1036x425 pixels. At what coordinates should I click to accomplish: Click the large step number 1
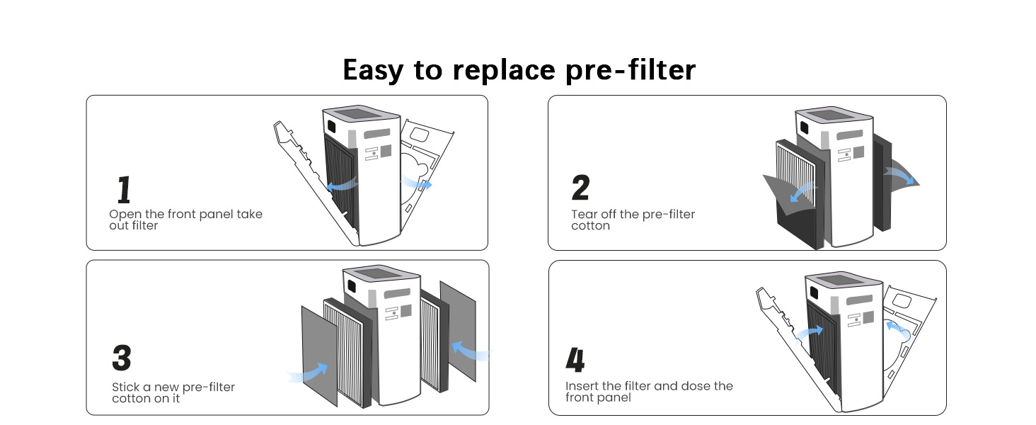[x=124, y=189]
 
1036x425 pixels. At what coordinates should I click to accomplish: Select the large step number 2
[x=580, y=188]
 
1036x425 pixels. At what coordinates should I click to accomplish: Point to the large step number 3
[x=122, y=358]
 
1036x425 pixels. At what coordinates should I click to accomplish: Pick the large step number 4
[x=575, y=361]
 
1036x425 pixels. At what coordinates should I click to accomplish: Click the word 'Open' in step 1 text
[x=126, y=214]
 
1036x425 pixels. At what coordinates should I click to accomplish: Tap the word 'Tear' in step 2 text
[x=585, y=214]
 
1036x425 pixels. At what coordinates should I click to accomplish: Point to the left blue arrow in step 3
[x=309, y=373]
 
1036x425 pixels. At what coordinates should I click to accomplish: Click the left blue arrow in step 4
[x=809, y=332]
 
